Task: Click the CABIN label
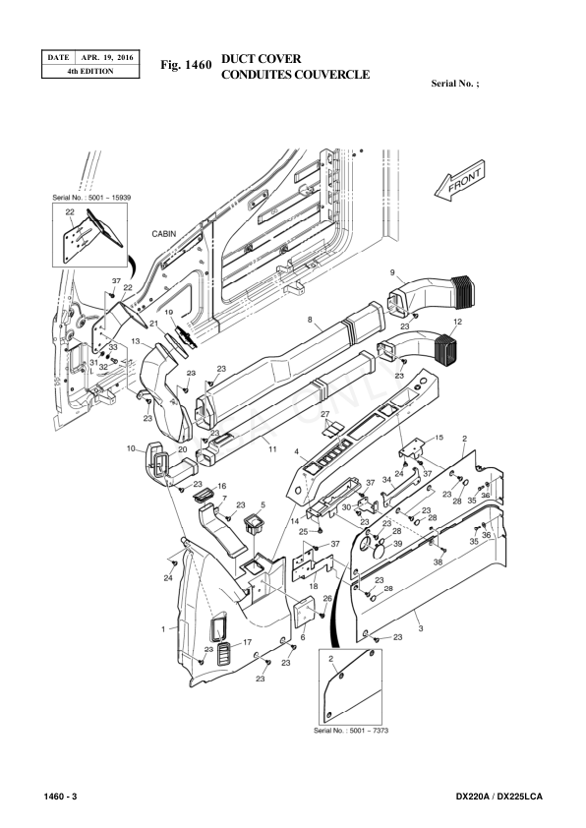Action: [164, 235]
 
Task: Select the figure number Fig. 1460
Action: [185, 66]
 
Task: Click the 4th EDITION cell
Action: [89, 72]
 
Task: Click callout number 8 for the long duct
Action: [310, 321]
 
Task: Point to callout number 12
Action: [458, 322]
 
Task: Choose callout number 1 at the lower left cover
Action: [162, 626]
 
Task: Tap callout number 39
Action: [397, 544]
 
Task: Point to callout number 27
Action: [323, 415]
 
